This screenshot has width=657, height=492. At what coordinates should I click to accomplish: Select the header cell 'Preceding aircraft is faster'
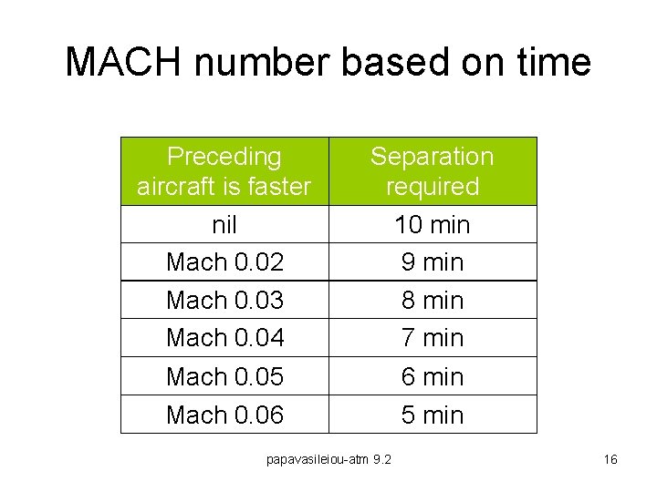coord(224,171)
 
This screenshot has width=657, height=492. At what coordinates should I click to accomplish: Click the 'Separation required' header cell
coord(432,171)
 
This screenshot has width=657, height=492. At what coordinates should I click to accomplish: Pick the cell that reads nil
coord(224,224)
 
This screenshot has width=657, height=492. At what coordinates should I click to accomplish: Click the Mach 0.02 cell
coord(224,262)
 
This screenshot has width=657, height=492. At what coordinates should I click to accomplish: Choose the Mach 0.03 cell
coord(224,300)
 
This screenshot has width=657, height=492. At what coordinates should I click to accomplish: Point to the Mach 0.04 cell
coord(224,338)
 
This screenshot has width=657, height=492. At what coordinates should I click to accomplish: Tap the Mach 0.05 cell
coord(224,376)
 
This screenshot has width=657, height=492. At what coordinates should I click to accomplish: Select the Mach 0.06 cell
coord(224,415)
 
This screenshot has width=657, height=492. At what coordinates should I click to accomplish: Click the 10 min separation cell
coord(432,224)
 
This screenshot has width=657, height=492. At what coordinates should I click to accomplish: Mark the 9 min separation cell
coord(432,262)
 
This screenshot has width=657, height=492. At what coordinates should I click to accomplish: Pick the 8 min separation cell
coord(432,300)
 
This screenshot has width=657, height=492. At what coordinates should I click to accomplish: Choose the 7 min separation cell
coord(432,338)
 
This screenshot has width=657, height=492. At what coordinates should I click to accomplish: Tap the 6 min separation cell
coord(432,376)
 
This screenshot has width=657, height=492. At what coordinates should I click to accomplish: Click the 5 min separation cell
coord(432,415)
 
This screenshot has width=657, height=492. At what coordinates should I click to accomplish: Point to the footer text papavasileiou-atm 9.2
coord(328,459)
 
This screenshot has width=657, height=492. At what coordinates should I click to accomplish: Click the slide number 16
coord(610,459)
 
